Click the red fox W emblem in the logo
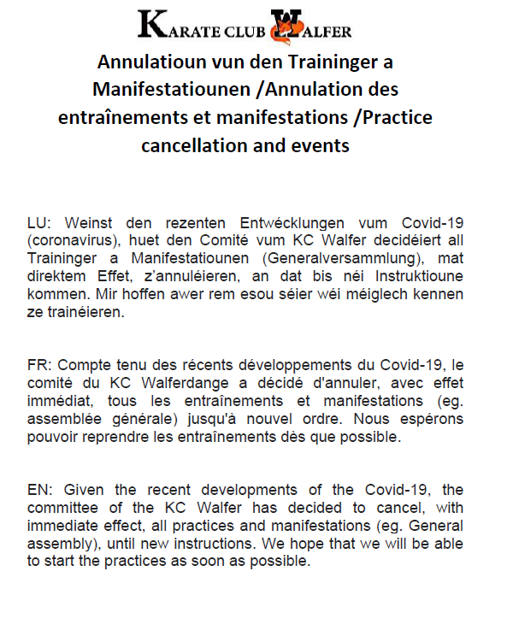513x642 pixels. (x=285, y=27)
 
